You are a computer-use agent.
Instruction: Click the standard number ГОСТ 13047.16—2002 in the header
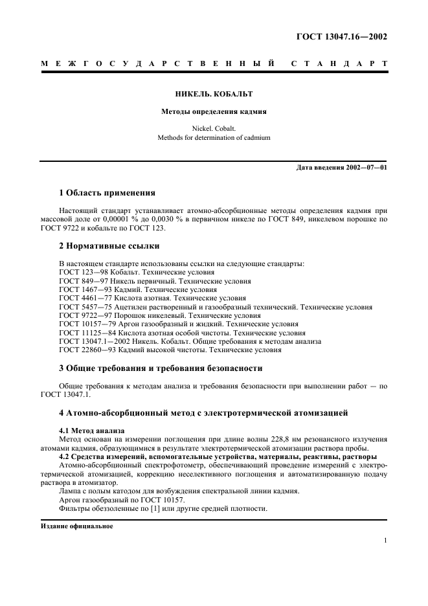pos(341,37)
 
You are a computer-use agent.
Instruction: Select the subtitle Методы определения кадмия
pos(214,111)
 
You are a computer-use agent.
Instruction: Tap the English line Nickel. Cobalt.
pos(214,128)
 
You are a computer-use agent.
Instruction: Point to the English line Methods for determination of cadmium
pos(214,137)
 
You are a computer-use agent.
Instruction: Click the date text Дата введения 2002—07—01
pos(341,168)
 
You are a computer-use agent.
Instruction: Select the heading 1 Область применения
pos(107,192)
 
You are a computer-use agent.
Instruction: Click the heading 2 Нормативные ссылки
pos(109,245)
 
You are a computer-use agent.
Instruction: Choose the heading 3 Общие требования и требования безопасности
pos(161,368)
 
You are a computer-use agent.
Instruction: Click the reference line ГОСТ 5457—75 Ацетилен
pos(216,307)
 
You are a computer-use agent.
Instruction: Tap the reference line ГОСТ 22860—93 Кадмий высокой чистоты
pos(170,350)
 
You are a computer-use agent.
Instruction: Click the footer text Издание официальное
pos(76,526)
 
